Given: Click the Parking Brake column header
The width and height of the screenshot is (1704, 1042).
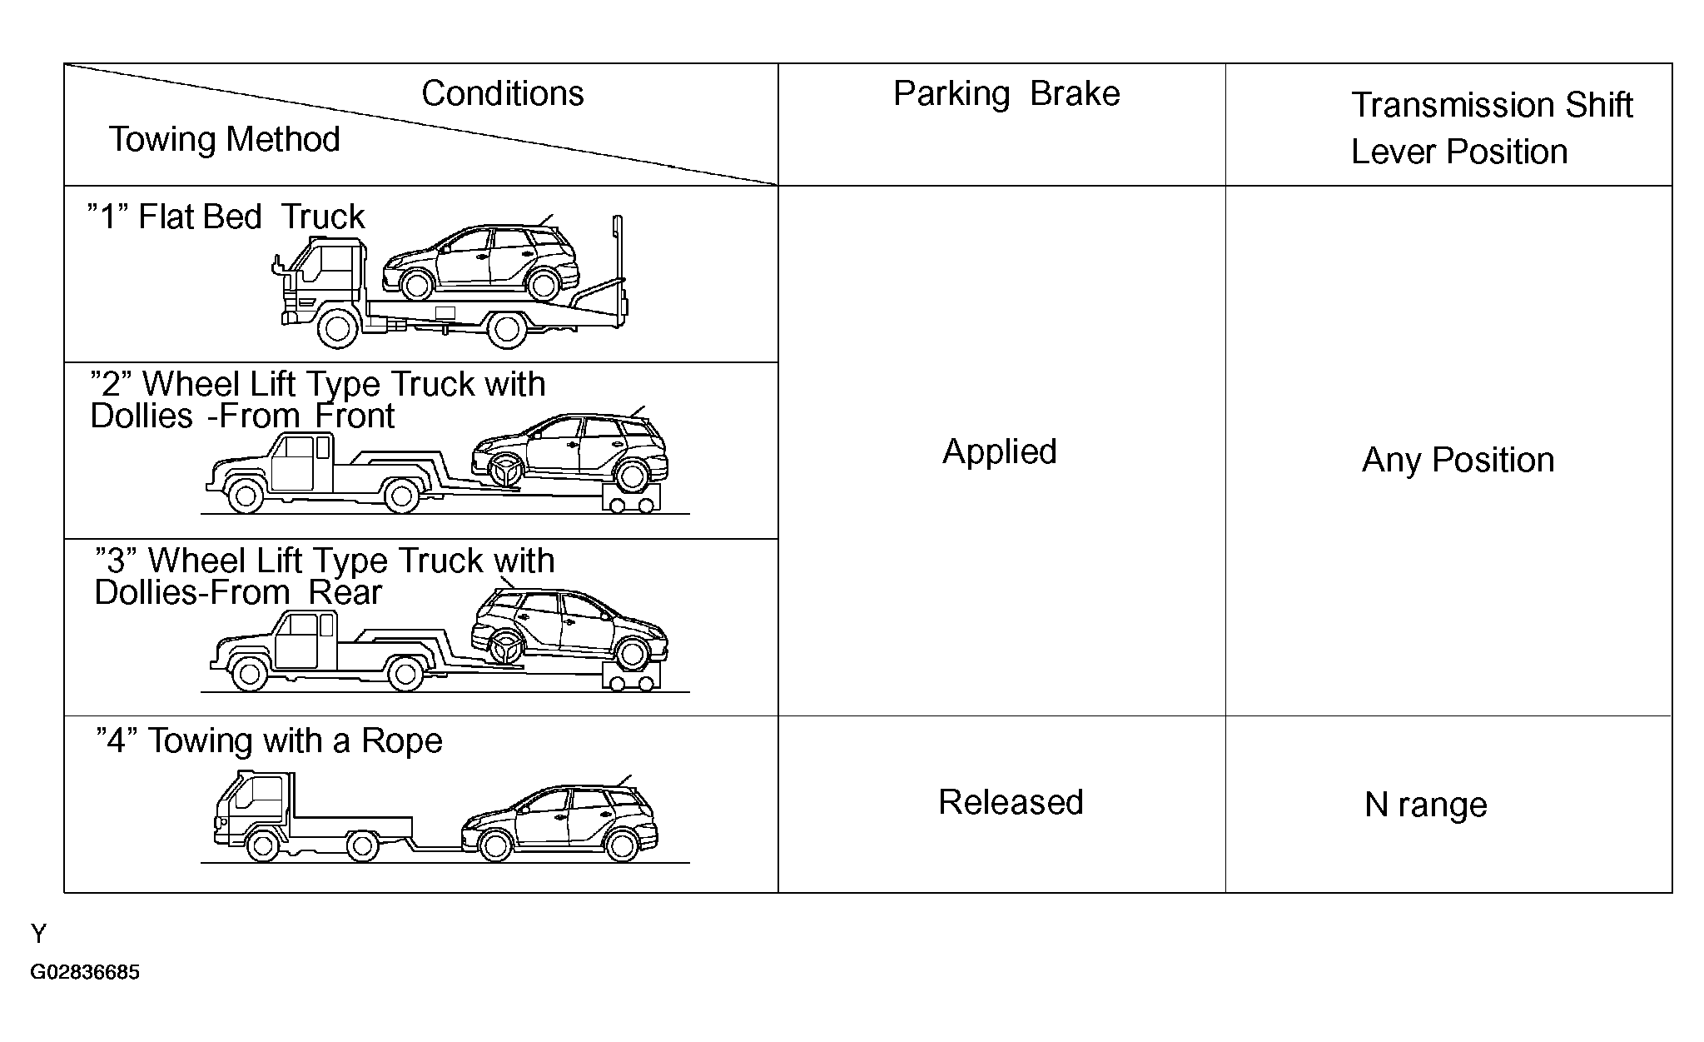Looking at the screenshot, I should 1006,94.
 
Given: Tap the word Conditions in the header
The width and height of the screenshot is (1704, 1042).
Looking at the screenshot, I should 502,93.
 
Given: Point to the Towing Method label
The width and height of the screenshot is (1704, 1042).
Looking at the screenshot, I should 225,139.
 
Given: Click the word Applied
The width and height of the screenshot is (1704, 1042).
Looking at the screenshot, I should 999,451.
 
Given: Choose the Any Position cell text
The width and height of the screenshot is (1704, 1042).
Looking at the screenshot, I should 1458,460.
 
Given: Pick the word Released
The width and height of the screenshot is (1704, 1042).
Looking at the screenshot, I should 1011,802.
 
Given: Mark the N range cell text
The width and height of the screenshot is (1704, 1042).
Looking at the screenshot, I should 1425,805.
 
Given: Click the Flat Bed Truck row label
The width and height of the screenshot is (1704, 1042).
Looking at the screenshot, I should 226,217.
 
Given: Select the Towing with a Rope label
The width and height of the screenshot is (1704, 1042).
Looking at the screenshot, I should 270,740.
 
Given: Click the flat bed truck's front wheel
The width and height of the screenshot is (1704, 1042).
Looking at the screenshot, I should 337,328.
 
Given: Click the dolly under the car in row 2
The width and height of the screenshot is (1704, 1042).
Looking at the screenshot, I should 630,501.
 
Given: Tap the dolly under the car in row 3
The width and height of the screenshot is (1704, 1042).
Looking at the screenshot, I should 630,679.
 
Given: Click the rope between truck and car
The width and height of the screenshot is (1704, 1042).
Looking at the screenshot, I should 437,848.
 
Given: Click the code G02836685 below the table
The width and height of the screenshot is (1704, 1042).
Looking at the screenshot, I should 85,973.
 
